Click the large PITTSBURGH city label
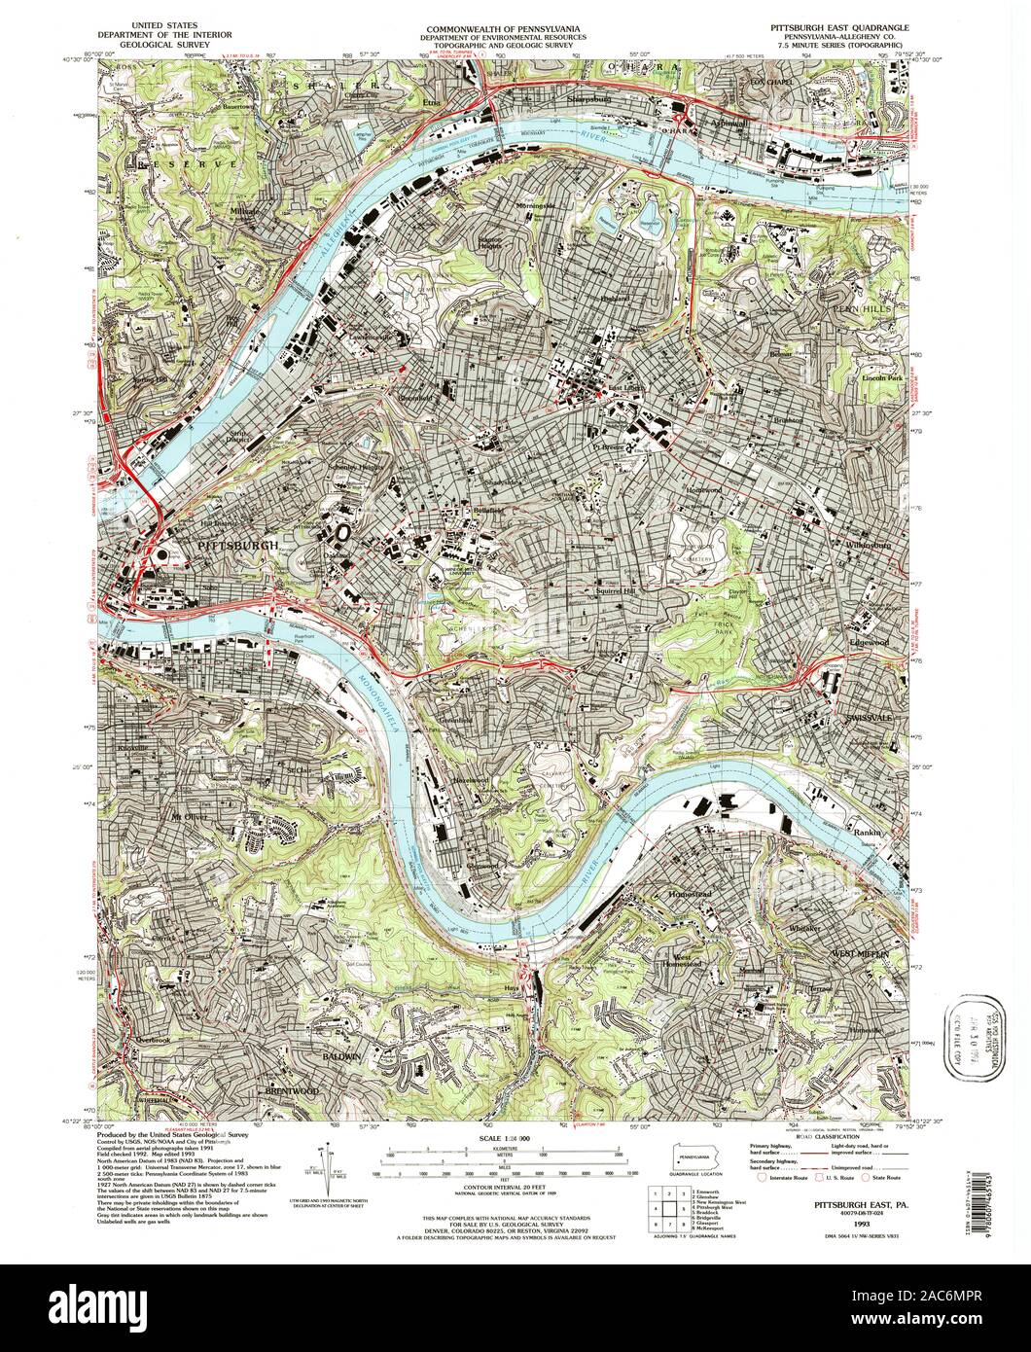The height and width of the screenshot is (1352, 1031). coord(237,547)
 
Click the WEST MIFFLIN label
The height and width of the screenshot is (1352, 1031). coord(860,955)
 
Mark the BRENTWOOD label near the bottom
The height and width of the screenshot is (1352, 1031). coord(292,1091)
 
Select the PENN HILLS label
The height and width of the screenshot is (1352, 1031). coord(857,308)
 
